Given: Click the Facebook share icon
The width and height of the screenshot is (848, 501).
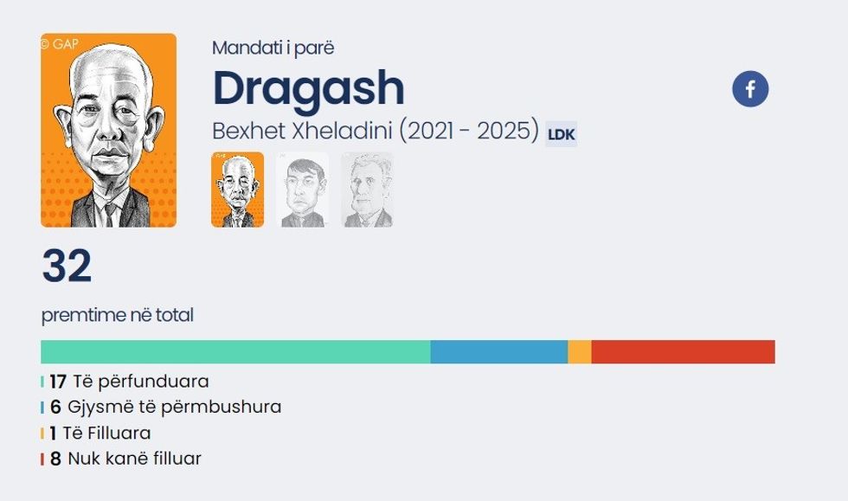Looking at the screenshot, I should (x=750, y=89).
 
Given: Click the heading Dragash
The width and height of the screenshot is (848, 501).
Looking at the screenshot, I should (x=308, y=87).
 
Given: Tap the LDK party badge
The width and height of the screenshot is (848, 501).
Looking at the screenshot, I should (x=561, y=135).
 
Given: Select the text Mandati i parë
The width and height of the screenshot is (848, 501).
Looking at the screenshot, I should (x=273, y=48).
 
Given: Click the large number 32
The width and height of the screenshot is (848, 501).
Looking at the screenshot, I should (x=67, y=267).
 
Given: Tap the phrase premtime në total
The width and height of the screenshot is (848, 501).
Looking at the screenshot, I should (x=117, y=315).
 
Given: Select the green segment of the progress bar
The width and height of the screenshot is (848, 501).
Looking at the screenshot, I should (x=235, y=352).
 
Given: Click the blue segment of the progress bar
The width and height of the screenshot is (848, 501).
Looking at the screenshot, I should (x=499, y=352).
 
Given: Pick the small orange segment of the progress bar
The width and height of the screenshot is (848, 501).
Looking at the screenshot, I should (x=580, y=352).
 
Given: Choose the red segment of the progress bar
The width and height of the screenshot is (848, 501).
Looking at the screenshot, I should (x=683, y=352).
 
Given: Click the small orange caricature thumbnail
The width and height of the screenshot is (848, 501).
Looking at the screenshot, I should (x=237, y=190).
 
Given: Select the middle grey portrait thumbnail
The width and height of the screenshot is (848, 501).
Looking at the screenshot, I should (x=302, y=190).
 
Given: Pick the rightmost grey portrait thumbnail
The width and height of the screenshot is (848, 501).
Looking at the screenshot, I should (x=367, y=190).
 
